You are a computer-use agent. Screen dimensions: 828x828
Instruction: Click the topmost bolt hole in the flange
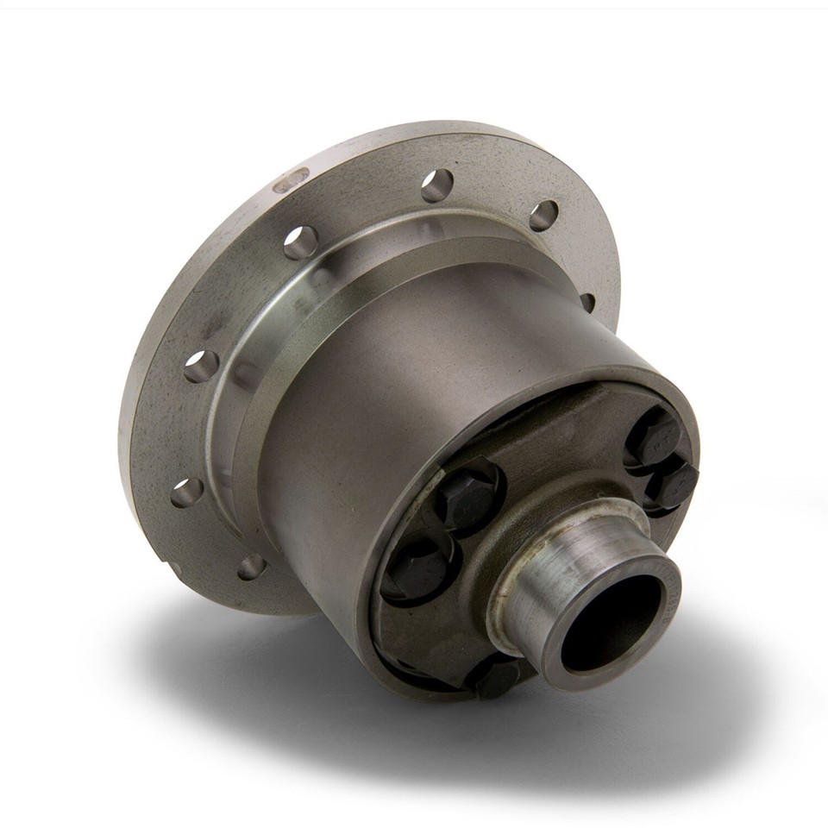pos(437,184)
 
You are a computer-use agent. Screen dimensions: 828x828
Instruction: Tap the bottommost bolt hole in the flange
pos(251,567)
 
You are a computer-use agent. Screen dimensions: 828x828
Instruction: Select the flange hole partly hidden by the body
pos(587,302)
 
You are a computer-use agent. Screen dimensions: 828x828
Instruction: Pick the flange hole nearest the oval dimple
pos(299,242)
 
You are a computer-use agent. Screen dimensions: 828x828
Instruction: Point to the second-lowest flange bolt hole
pos(186,492)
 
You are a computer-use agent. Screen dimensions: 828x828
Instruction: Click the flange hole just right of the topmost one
pos(543,216)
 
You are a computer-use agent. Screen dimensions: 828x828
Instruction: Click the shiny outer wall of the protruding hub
pos(552,569)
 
